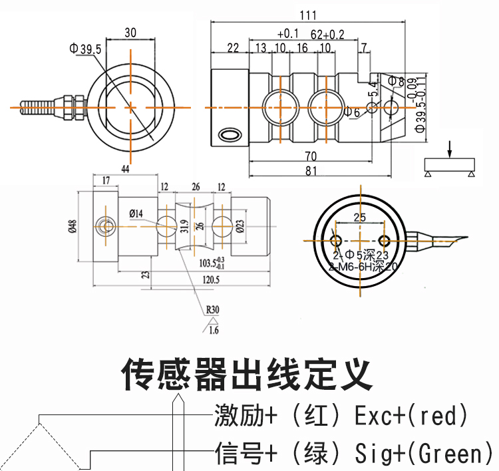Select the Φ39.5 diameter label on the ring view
84,49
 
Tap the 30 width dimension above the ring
130,33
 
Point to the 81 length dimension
311,171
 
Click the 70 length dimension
311,156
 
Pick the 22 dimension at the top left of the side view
232,47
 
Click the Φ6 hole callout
352,112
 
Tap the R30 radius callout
212,309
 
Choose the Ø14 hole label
136,214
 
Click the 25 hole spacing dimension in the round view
359,218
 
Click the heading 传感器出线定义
248,375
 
